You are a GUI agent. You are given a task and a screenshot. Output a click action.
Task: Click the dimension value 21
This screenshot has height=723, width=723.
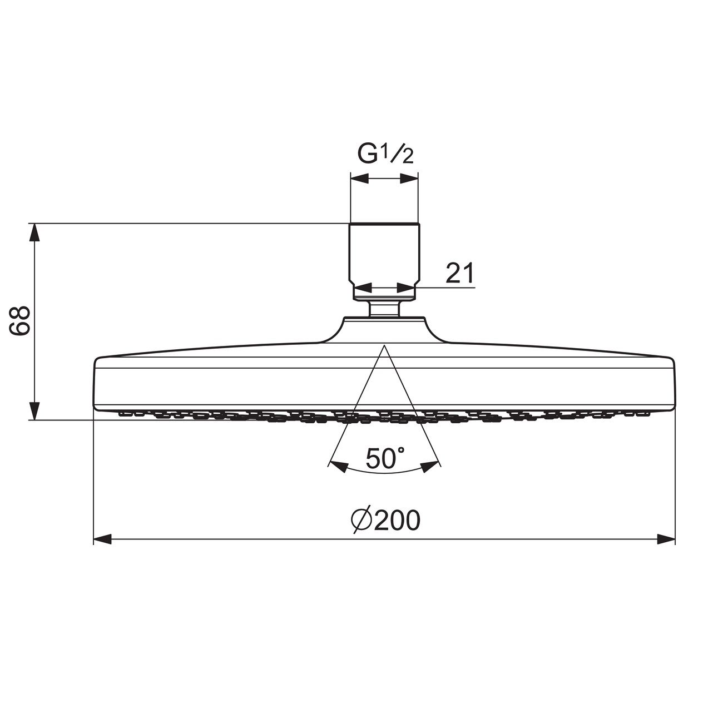(460, 273)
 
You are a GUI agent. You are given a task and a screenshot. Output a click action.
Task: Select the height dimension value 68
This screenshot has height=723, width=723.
(19, 320)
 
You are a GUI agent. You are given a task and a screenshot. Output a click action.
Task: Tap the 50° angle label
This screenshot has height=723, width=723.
(385, 458)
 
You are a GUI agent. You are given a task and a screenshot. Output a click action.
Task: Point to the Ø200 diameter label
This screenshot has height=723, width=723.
(386, 521)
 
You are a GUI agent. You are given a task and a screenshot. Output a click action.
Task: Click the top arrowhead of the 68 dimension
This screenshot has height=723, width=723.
(34, 232)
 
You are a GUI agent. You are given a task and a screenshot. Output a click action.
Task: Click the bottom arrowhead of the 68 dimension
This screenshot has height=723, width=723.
(34, 411)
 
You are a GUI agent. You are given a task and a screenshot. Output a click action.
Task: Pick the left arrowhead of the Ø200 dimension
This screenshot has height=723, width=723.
(102, 539)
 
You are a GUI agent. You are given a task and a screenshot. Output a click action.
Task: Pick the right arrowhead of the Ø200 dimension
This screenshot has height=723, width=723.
(666, 539)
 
